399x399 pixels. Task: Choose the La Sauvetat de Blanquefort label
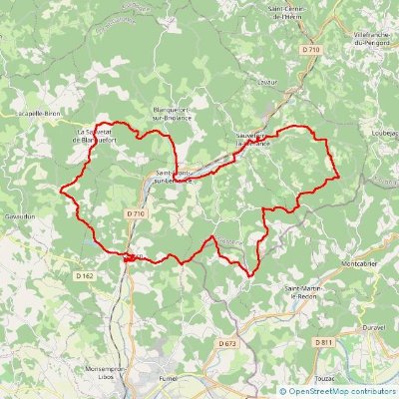click(x=99, y=135)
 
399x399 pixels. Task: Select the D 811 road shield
click(x=323, y=342)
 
